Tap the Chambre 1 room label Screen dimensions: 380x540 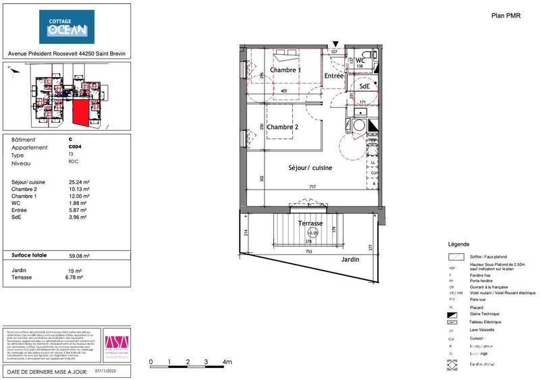(x=286, y=70)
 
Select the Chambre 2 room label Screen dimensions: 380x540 (x=282, y=128)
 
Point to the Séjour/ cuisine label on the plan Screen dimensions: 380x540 (x=310, y=167)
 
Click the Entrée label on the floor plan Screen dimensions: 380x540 (x=333, y=76)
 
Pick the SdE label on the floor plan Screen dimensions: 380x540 (x=364, y=86)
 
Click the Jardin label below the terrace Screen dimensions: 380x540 (x=350, y=259)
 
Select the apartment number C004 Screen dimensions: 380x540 (x=75, y=147)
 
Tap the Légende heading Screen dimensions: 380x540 (x=458, y=244)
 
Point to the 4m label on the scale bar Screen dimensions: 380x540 (x=227, y=362)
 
